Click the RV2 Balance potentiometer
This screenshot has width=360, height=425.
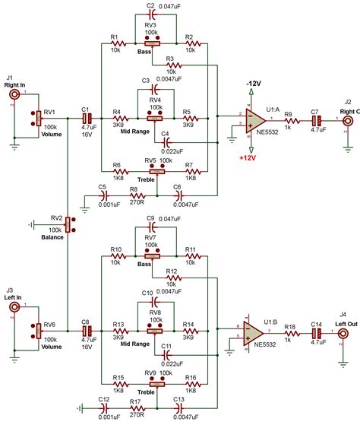coord(68,224)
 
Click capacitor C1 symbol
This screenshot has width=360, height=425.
coord(87,119)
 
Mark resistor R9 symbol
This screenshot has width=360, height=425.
coord(289,119)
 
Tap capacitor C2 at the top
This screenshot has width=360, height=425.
coord(152,14)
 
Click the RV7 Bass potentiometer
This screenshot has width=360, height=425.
coord(152,256)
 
